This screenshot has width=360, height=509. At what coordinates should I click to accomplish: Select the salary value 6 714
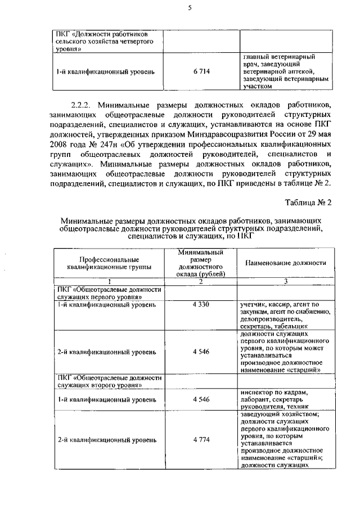201,72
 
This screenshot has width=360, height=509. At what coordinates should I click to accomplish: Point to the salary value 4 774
201,439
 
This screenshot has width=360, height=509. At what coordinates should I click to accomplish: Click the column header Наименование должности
286,263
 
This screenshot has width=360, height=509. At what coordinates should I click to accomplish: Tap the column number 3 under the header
286,281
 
